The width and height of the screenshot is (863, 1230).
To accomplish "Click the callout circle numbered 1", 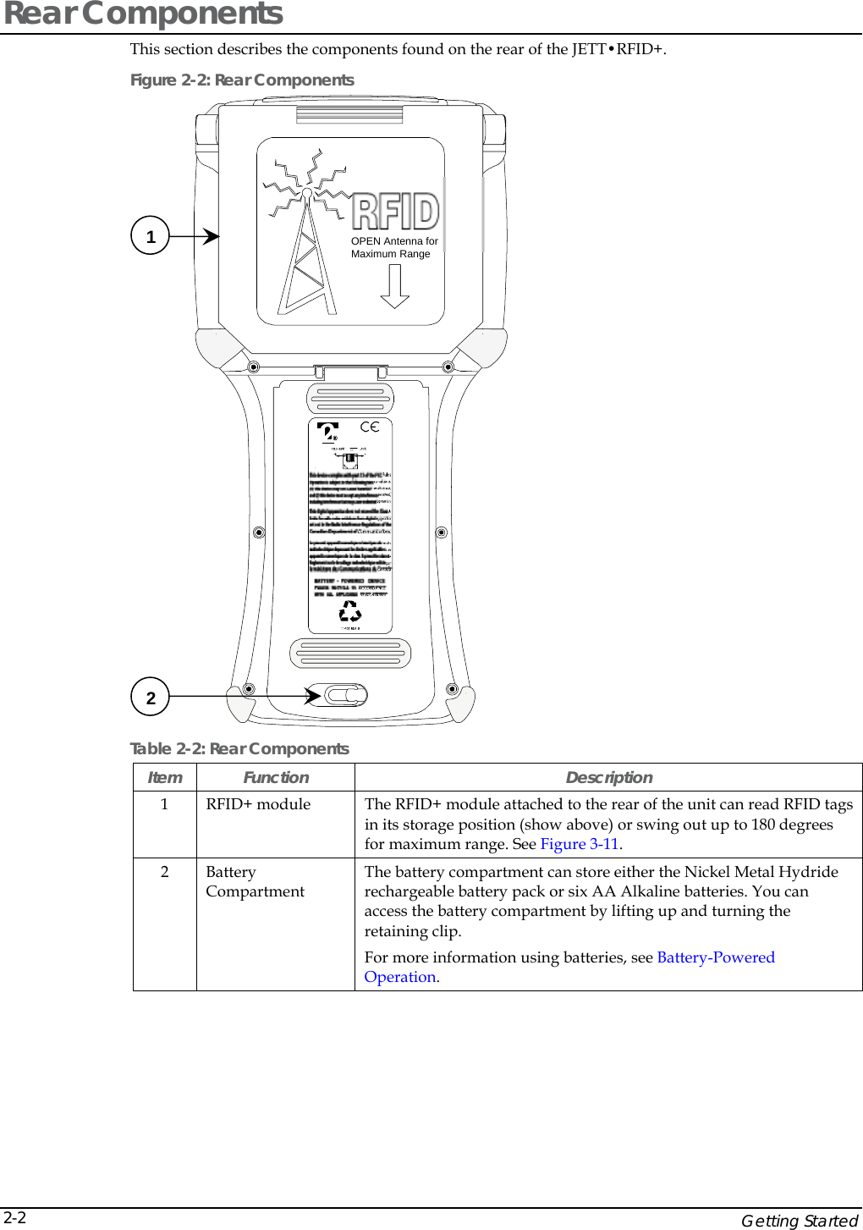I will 151,236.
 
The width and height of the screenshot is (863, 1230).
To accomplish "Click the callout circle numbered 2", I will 151,698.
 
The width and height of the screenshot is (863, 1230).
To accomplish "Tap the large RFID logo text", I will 395,212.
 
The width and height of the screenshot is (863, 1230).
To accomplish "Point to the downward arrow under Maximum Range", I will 394,287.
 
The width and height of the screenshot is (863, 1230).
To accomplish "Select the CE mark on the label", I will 370,427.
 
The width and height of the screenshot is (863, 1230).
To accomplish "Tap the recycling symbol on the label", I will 350,612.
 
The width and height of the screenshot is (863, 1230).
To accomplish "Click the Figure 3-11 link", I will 579,844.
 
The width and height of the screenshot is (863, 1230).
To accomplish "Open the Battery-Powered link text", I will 715,957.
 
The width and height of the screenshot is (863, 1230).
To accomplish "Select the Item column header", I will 164,777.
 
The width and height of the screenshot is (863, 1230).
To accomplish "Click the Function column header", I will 276,777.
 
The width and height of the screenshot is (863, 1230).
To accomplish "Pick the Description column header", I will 608,777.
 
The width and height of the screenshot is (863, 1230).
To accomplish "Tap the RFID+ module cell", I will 258,804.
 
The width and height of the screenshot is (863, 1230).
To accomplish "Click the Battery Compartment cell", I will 255,881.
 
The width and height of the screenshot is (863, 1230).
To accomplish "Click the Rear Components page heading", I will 144,14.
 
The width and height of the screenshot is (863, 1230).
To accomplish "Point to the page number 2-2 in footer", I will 14,1217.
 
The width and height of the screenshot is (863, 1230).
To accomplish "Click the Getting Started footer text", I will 799,1220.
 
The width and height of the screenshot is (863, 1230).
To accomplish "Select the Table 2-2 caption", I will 239,748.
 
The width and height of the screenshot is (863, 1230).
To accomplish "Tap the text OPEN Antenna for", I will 394,241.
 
